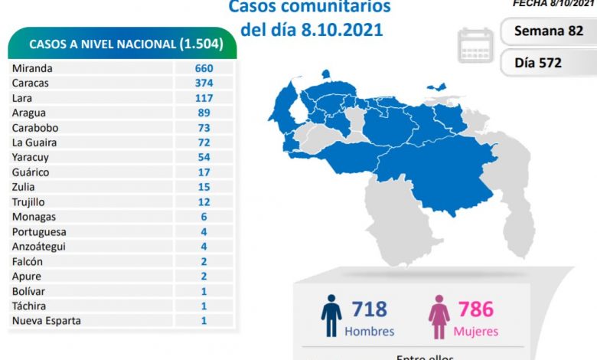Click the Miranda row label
[33, 68]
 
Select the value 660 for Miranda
[204, 68]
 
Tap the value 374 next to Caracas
[204, 83]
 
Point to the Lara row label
[24, 98]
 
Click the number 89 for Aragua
[204, 113]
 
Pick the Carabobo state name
[35, 128]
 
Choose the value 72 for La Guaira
[204, 142]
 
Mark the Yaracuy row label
[31, 157]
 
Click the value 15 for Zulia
[204, 187]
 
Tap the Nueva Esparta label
[46, 321]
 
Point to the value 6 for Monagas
[204, 217]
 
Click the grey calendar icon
[476, 45]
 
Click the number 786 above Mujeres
[476, 309]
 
